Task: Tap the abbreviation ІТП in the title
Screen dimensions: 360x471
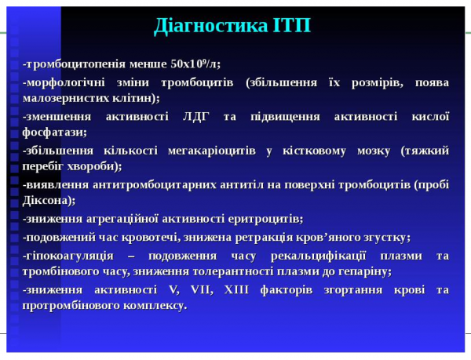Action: click(x=291, y=25)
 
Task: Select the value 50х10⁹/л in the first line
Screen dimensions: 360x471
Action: click(x=195, y=64)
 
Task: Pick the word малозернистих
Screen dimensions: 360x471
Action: click(x=63, y=98)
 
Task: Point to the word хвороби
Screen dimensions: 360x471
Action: click(x=93, y=166)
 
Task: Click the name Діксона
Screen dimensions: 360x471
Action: click(x=49, y=201)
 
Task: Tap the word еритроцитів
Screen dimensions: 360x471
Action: click(x=262, y=218)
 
